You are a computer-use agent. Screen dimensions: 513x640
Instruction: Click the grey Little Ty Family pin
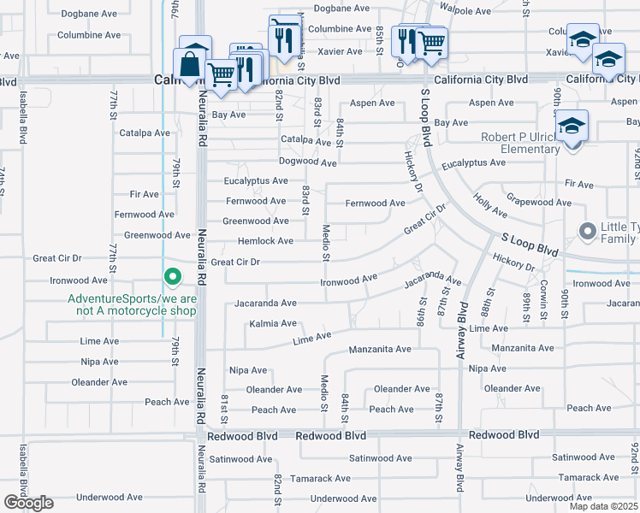tap(588, 231)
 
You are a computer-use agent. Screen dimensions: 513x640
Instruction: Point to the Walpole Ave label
tap(466, 11)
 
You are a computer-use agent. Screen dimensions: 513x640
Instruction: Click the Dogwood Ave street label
tap(307, 162)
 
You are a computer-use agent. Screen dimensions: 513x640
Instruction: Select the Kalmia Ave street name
tap(273, 324)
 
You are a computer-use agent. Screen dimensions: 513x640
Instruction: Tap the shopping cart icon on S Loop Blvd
tap(430, 42)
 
